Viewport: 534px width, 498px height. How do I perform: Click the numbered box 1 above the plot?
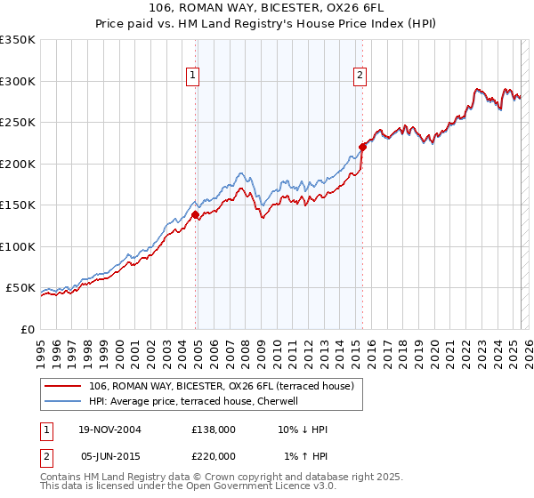click(192, 76)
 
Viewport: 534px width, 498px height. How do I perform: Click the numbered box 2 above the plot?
click(360, 76)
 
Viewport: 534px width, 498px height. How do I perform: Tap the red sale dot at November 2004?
click(196, 214)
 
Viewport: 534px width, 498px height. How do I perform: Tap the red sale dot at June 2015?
click(362, 147)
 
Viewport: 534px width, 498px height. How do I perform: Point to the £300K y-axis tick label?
click(17, 81)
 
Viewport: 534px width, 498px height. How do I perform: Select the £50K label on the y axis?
click(20, 288)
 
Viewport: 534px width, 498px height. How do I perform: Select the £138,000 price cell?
click(214, 430)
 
